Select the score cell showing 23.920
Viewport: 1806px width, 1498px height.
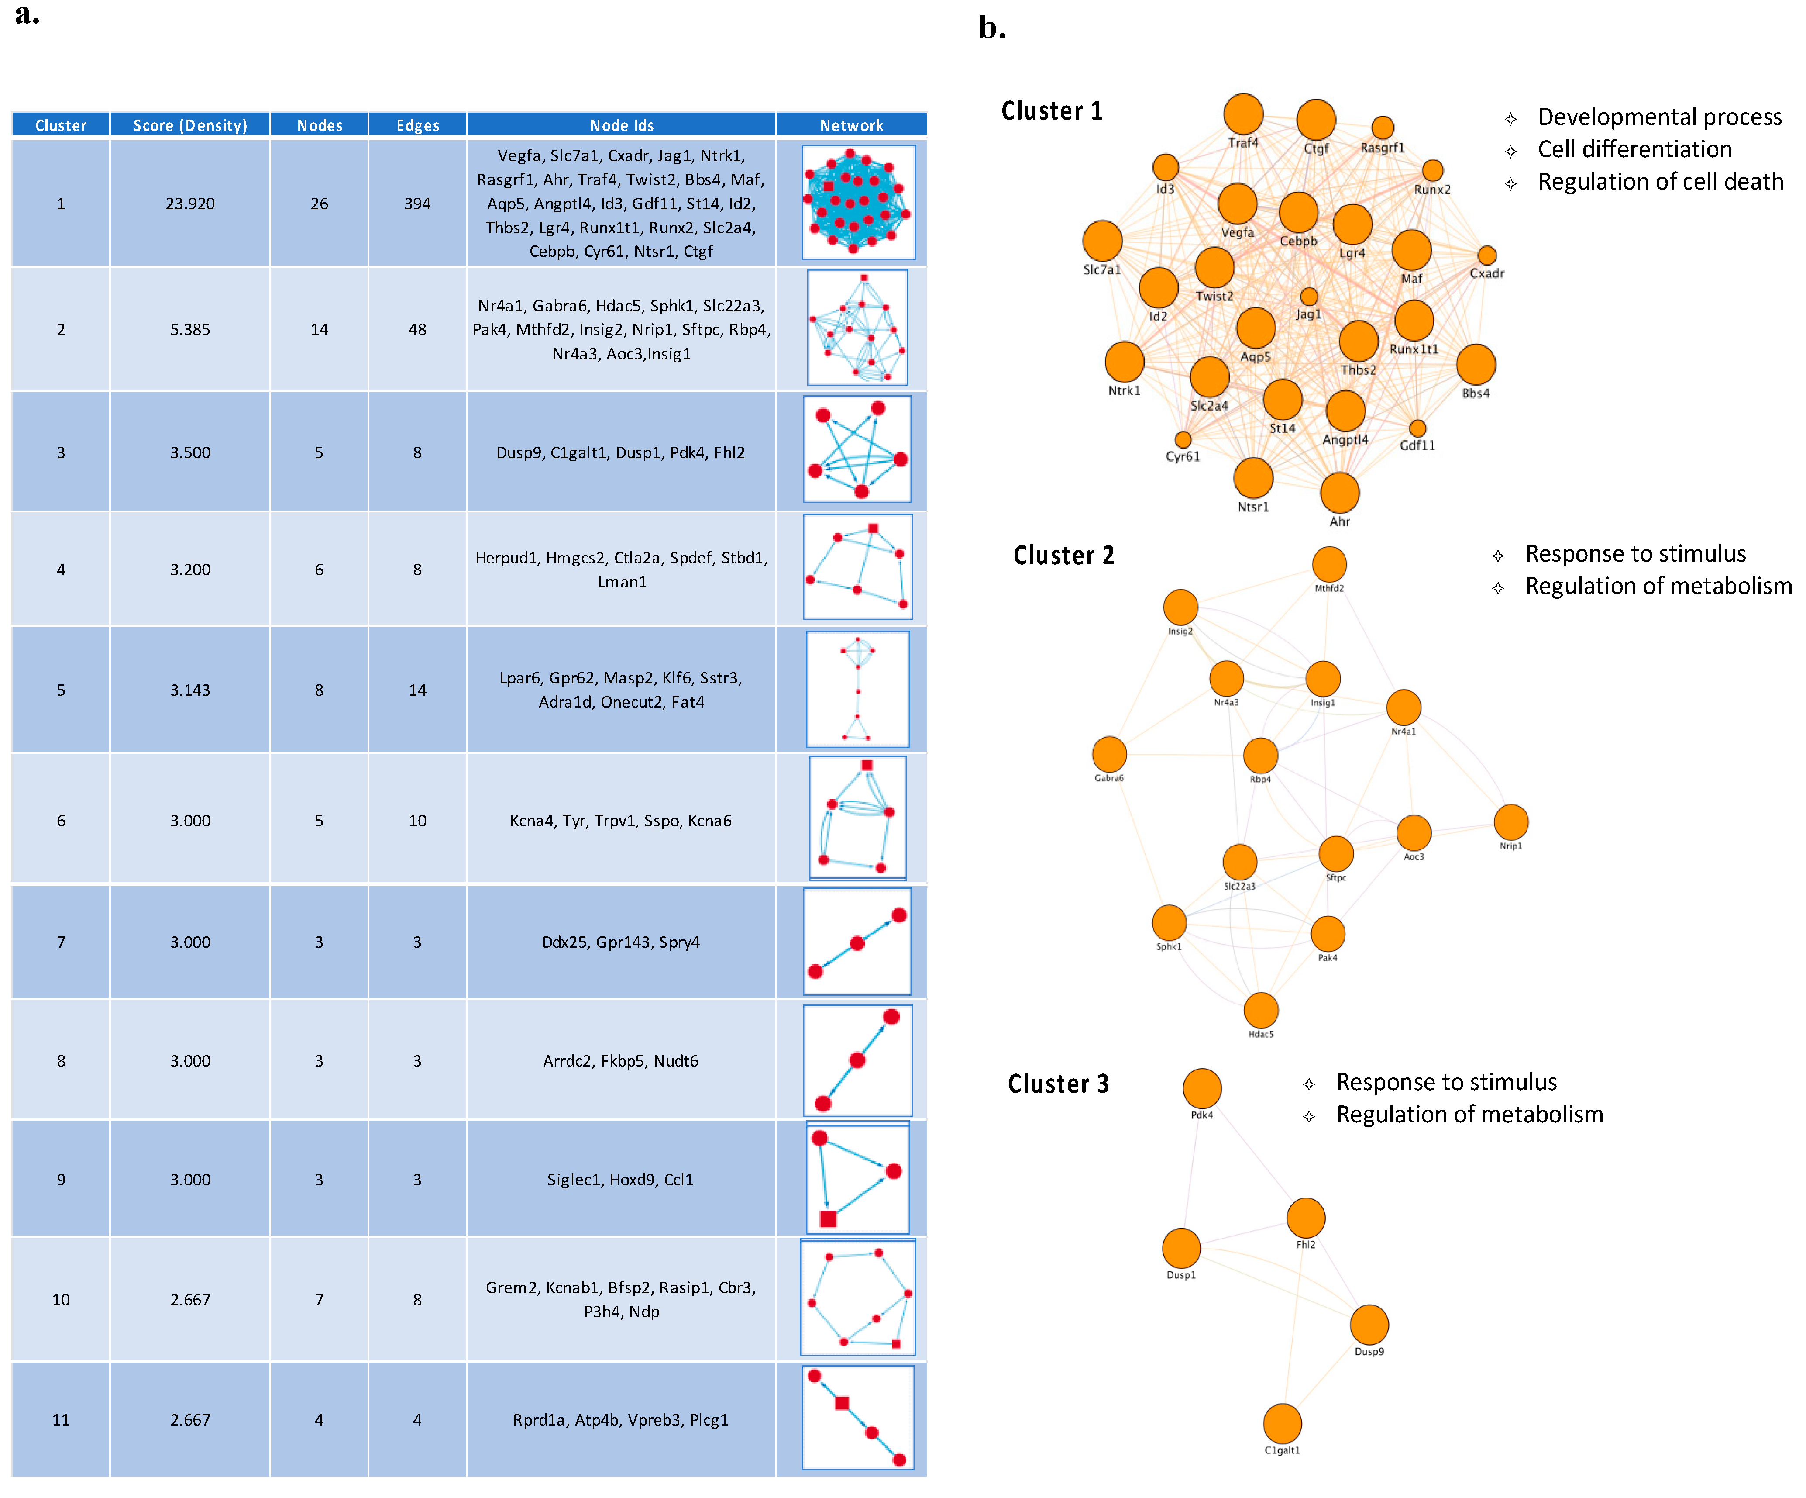click(x=190, y=204)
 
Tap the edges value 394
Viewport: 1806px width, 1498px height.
click(x=417, y=204)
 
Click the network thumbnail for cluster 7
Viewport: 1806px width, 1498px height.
click(x=857, y=942)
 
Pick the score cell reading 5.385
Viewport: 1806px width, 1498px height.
click(x=190, y=330)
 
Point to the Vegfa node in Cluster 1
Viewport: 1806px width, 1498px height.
click(x=1237, y=204)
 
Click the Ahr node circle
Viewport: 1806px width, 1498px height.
click(x=1339, y=493)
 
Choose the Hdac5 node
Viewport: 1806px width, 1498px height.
click(x=1261, y=1010)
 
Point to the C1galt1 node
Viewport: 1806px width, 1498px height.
click(x=1281, y=1424)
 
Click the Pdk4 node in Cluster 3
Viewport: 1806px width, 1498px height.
click(x=1201, y=1088)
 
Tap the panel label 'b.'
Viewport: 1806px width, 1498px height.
click(x=992, y=28)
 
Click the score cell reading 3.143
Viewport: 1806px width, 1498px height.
click(x=190, y=690)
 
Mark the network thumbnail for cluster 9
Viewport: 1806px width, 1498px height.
click(x=857, y=1179)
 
